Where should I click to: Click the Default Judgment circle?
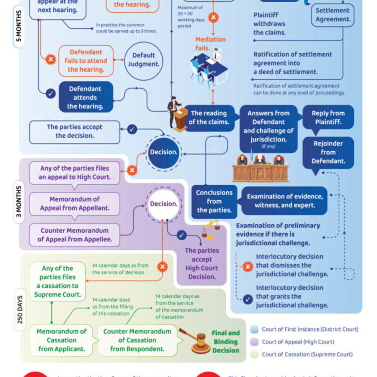[143, 60]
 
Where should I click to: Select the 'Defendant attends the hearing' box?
[85, 98]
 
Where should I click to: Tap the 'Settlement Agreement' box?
[332, 15]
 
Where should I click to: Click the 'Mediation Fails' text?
[210, 44]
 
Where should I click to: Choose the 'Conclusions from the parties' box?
[214, 201]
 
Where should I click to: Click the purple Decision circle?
[164, 204]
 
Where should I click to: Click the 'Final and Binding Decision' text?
[225, 341]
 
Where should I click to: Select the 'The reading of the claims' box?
[208, 118]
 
